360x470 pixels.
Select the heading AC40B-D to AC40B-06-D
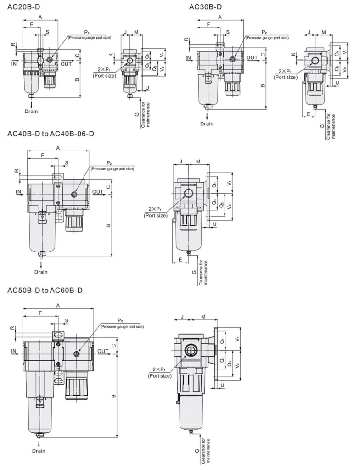51,134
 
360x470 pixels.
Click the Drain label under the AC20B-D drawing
31,111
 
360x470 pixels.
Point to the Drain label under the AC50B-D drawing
39,451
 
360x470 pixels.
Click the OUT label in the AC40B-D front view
98,191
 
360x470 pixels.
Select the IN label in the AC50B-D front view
14,351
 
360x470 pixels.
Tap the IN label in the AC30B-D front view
189,57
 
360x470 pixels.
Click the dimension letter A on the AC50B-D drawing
58,305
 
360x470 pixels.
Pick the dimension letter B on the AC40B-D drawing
108,225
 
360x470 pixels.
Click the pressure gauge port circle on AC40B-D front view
74,195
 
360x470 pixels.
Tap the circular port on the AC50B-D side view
190,351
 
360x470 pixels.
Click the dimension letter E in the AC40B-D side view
181,259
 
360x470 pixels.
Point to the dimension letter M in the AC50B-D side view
203,317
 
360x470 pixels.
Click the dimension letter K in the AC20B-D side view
111,54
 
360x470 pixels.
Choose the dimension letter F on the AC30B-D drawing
209,24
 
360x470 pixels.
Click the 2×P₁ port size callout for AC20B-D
103,72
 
